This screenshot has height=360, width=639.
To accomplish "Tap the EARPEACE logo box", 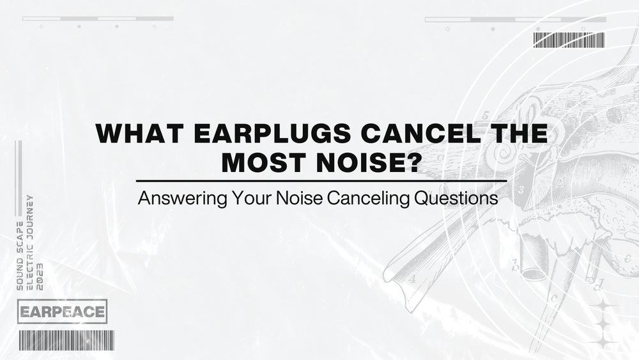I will pos(62,312).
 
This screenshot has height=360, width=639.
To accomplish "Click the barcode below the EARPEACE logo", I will pos(66,340).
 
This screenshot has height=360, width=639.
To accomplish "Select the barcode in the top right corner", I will pos(569,40).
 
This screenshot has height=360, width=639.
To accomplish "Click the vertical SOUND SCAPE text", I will pos(20,256).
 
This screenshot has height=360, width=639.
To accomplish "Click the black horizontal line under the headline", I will pos(321,182).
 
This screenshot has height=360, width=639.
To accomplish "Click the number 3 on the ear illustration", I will pos(521,189).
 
